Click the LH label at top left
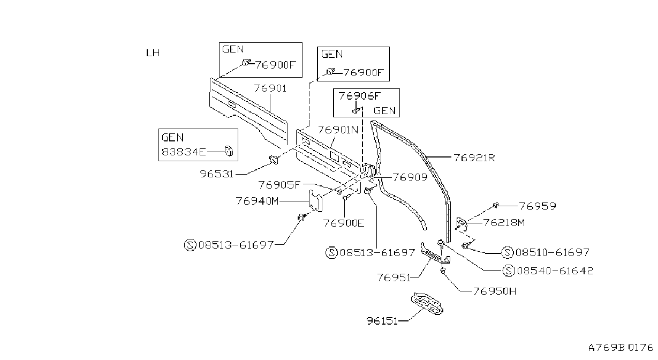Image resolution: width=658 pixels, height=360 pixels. pyautogui.click(x=153, y=53)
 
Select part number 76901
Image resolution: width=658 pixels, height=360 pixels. pyautogui.click(x=270, y=88)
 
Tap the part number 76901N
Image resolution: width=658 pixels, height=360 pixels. pyautogui.click(x=338, y=130)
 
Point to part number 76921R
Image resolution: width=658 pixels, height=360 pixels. pyautogui.click(x=474, y=158)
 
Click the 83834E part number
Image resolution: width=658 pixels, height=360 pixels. pyautogui.click(x=184, y=152)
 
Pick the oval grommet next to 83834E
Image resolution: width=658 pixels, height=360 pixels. pyautogui.click(x=229, y=151)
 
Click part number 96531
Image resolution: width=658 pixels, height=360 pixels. pyautogui.click(x=217, y=174)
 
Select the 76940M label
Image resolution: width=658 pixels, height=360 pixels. pyautogui.click(x=257, y=201)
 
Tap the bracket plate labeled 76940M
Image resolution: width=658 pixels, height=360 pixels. pyautogui.click(x=315, y=201)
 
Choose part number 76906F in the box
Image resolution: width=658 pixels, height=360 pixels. pyautogui.click(x=359, y=96)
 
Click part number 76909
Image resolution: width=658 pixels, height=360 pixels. pyautogui.click(x=410, y=177)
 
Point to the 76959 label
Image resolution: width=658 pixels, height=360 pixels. pyautogui.click(x=538, y=206)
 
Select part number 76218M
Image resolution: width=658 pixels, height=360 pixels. pyautogui.click(x=504, y=223)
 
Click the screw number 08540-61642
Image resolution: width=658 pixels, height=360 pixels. pyautogui.click(x=555, y=271)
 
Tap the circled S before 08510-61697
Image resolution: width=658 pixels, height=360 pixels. pyautogui.click(x=508, y=252)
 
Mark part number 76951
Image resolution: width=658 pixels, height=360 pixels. pyautogui.click(x=394, y=277)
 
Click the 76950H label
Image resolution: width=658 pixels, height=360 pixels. pyautogui.click(x=495, y=291)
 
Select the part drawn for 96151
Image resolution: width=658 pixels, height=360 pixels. pyautogui.click(x=427, y=304)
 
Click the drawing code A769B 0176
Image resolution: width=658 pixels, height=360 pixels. pyautogui.click(x=621, y=348)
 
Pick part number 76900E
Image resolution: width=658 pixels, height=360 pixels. pyautogui.click(x=344, y=223)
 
